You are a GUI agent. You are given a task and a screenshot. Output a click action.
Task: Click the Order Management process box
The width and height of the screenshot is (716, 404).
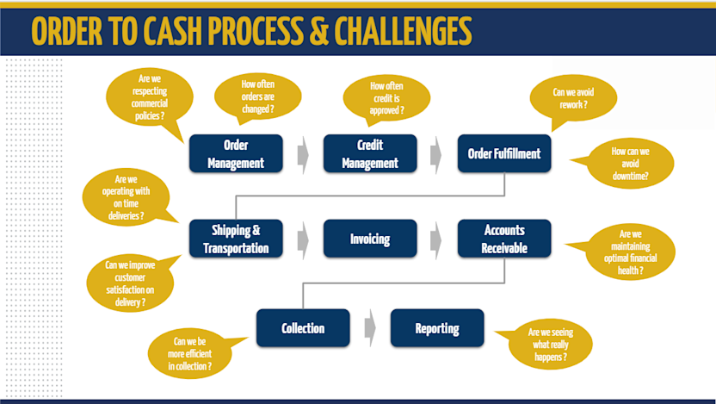[236, 153]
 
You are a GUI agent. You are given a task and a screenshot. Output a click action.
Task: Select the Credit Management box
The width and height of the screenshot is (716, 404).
[370, 153]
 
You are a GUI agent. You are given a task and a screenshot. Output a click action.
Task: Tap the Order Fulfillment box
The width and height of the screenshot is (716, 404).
[503, 153]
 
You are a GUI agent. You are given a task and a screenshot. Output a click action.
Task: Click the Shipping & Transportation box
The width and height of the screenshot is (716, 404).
[236, 239]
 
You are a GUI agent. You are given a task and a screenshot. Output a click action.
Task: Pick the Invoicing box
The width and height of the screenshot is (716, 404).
[370, 239]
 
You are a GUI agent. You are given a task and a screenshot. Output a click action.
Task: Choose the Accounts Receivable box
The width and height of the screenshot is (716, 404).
[503, 239]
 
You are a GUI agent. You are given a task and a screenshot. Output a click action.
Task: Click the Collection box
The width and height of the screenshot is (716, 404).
[303, 328]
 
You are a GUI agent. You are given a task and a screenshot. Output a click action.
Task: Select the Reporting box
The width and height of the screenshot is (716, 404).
[437, 328]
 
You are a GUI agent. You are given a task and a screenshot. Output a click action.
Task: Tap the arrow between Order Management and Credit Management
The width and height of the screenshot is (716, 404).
[303, 154]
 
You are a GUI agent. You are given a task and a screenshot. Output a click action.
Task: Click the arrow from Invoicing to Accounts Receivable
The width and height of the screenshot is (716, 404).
[437, 239]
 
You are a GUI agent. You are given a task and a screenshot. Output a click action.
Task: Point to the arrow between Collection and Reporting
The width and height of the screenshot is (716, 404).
[370, 328]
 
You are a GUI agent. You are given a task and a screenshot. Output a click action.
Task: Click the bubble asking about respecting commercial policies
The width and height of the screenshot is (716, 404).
[142, 97]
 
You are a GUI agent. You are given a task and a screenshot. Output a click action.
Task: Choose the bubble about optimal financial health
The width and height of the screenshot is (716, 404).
[630, 252]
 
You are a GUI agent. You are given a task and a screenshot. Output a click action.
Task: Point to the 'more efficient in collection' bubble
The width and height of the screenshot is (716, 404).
[192, 353]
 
